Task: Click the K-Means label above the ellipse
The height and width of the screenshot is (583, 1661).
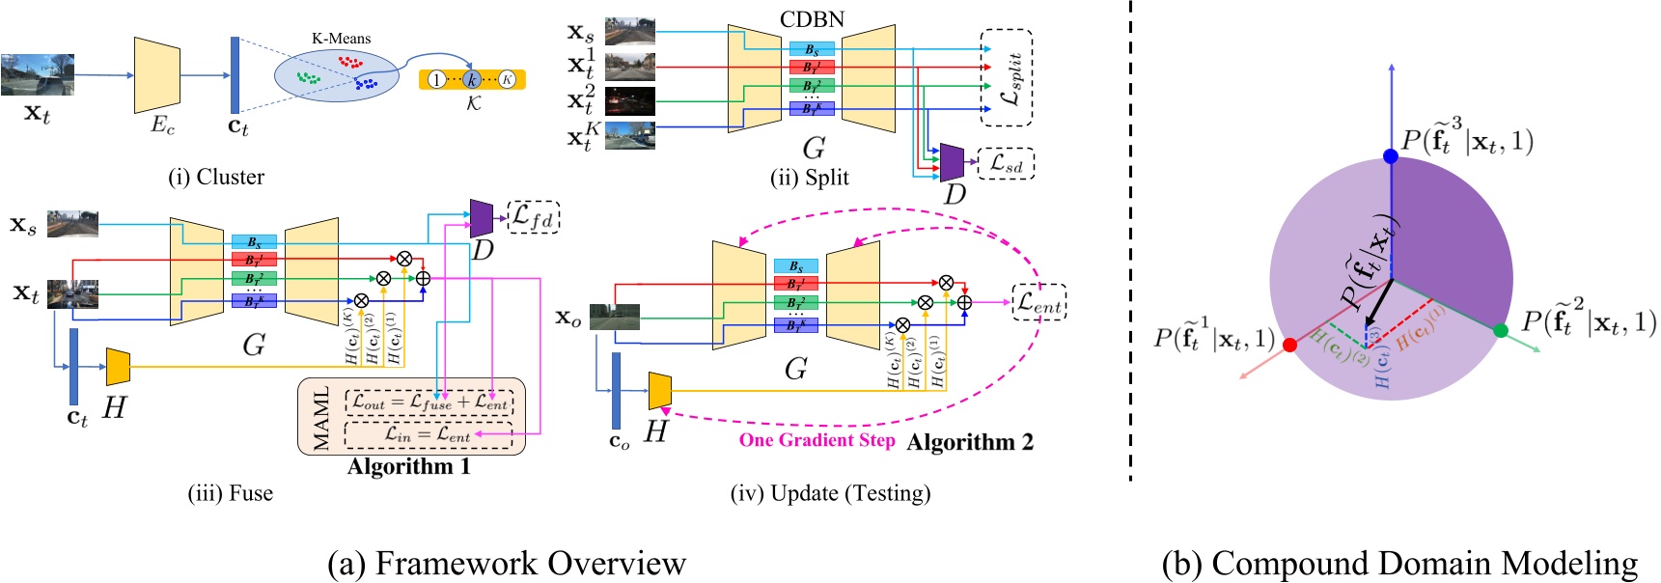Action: click(x=341, y=39)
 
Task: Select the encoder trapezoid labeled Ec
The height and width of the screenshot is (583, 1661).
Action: click(x=157, y=75)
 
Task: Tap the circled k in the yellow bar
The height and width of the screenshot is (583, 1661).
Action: click(x=471, y=79)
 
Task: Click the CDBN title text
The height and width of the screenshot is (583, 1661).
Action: click(x=812, y=19)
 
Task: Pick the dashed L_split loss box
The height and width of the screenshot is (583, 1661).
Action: click(x=1007, y=77)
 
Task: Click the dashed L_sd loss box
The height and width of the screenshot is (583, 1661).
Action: click(x=1007, y=164)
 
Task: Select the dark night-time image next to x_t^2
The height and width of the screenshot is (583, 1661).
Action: click(x=629, y=101)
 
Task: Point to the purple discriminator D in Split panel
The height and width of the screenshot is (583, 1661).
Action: click(x=952, y=162)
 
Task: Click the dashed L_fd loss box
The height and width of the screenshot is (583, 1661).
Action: click(x=533, y=218)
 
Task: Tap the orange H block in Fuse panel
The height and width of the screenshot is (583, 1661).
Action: click(x=118, y=367)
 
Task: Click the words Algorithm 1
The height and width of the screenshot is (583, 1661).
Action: click(x=409, y=466)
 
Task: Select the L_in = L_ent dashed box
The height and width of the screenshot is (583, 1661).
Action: click(x=429, y=435)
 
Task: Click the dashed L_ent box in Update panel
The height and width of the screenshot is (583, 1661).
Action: click(x=1038, y=302)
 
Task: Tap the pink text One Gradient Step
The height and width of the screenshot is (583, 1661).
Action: click(x=817, y=440)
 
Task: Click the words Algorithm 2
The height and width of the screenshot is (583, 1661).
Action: click(x=970, y=442)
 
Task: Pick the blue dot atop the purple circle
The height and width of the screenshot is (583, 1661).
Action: click(x=1390, y=156)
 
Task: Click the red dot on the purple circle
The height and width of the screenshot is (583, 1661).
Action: click(x=1290, y=345)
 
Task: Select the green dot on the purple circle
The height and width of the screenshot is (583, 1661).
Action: click(x=1500, y=331)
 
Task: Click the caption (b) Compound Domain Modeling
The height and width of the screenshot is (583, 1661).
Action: click(x=1399, y=563)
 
